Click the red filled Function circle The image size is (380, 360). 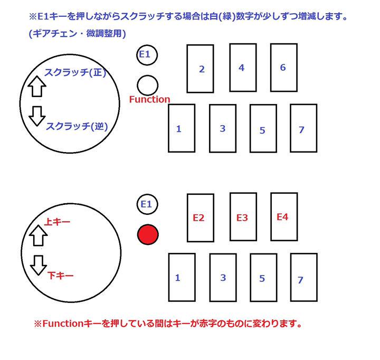(148, 234)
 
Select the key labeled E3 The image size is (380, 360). (243, 217)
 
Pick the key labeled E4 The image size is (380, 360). (283, 216)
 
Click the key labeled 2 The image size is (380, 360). (201, 69)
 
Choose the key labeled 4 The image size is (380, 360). (242, 68)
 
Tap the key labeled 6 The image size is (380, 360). (283, 68)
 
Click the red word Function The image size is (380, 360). (150, 99)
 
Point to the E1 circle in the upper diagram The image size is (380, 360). (147, 54)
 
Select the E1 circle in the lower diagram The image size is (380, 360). (148, 204)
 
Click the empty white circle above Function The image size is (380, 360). (147, 85)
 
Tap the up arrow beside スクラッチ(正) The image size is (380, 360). (36, 86)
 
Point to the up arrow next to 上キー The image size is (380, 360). (37, 236)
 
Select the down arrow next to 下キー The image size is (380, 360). (37, 265)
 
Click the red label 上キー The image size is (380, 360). (58, 222)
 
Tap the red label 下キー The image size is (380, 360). (60, 275)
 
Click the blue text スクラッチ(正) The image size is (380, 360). (75, 73)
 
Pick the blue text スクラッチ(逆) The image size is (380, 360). (77, 127)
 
